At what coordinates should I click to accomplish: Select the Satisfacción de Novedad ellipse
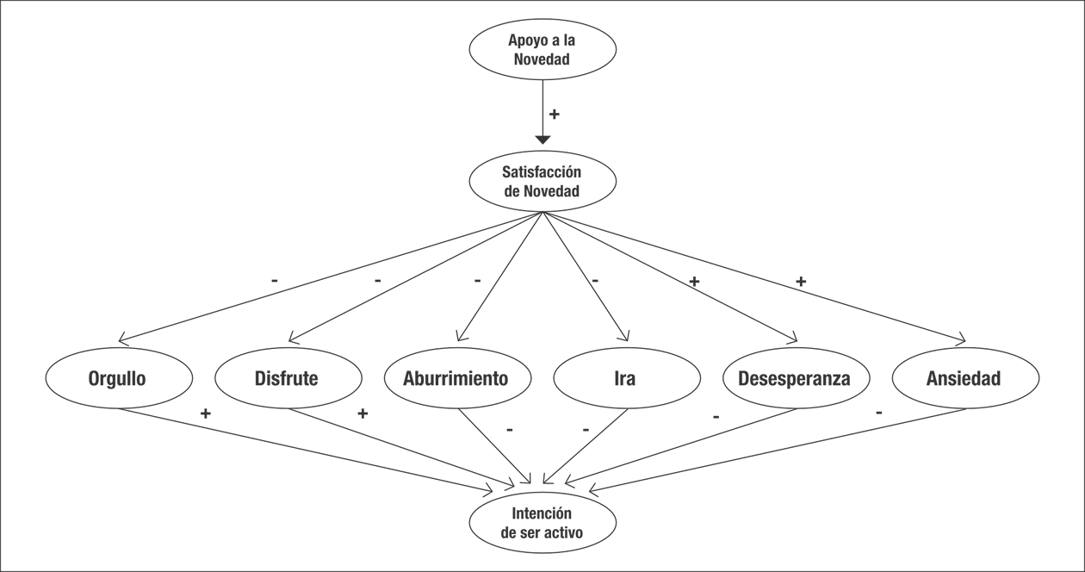(542, 182)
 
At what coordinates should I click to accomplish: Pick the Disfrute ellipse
(287, 378)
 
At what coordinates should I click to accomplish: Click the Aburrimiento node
(456, 378)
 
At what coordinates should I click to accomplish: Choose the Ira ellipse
(626, 378)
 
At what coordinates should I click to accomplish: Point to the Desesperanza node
(796, 378)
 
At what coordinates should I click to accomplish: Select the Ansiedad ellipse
(964, 378)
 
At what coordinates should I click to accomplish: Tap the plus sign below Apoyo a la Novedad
(555, 114)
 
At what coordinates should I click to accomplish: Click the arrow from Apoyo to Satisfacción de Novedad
(542, 112)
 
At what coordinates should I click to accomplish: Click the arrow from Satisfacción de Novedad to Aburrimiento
(499, 276)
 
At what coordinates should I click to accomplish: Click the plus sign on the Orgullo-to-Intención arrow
(205, 413)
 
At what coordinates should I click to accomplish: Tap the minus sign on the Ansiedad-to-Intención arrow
(878, 413)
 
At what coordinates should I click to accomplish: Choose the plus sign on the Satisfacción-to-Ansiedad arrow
(801, 282)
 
